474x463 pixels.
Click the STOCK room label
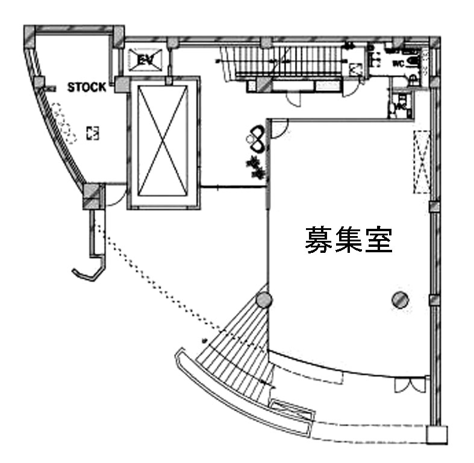(86, 87)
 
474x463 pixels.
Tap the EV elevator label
(145, 60)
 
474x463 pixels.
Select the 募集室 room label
(349, 240)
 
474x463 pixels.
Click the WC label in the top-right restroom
(398, 63)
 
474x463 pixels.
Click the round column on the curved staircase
(263, 299)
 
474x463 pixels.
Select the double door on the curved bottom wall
(403, 386)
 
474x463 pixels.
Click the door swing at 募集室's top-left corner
(278, 129)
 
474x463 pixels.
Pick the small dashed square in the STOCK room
(92, 132)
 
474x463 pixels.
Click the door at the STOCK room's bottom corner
(116, 196)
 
